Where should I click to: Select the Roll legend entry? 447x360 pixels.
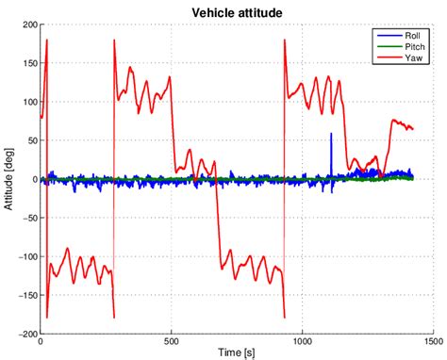pyautogui.click(x=412, y=33)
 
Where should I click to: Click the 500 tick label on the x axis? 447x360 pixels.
pyautogui.click(x=172, y=341)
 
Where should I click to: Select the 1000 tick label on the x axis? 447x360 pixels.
pyautogui.click(x=303, y=341)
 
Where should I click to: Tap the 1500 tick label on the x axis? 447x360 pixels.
pyautogui.click(x=433, y=341)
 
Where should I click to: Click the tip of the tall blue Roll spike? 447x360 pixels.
pyautogui.click(x=331, y=134)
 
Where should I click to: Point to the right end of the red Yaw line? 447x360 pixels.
pyautogui.click(x=413, y=128)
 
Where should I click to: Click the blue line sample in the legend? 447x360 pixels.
pyautogui.click(x=387, y=33)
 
